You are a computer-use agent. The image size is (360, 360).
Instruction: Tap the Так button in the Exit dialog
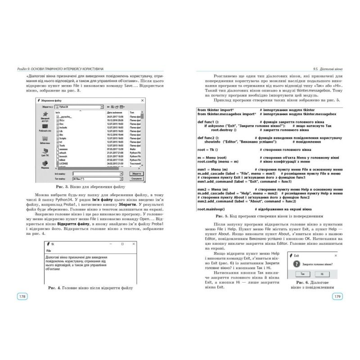(303, 273)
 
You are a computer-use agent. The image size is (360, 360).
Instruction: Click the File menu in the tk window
(49, 250)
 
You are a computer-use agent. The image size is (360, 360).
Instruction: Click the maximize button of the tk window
(122, 244)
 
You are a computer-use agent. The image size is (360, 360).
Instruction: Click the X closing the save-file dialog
(143, 101)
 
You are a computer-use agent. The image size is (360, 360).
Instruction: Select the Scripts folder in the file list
(63, 138)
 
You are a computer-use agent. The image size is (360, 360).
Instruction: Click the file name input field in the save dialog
(98, 173)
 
